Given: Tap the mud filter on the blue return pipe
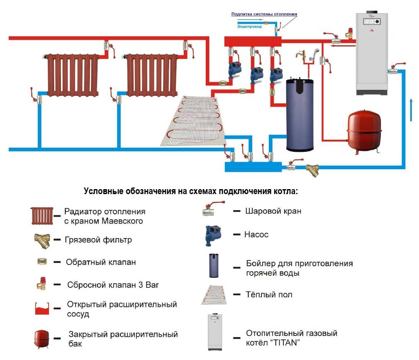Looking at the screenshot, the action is coord(313,170).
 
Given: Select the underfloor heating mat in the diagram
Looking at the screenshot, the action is coord(193,121).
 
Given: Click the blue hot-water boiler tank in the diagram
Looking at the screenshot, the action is coord(300,114).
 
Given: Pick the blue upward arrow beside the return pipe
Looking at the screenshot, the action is coord(411,110).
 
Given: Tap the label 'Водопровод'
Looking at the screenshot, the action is coord(249,27).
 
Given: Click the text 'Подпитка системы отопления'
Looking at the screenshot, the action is coord(264,14).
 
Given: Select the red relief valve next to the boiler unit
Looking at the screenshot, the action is coord(349,33).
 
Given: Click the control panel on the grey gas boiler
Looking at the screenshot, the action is coord(372,22).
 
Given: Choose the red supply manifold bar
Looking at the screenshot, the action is coord(253,41).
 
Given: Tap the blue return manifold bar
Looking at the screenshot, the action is coord(253,167).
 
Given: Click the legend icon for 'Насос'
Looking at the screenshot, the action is coord(213,235).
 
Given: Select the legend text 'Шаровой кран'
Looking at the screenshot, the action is coord(273,211).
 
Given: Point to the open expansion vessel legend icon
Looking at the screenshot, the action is coord(42,309).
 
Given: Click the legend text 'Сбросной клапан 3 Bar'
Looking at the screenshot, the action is coord(113,285).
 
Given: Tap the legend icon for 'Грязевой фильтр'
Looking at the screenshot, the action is coord(42,241).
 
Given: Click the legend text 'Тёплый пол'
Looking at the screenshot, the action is coord(269,294).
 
